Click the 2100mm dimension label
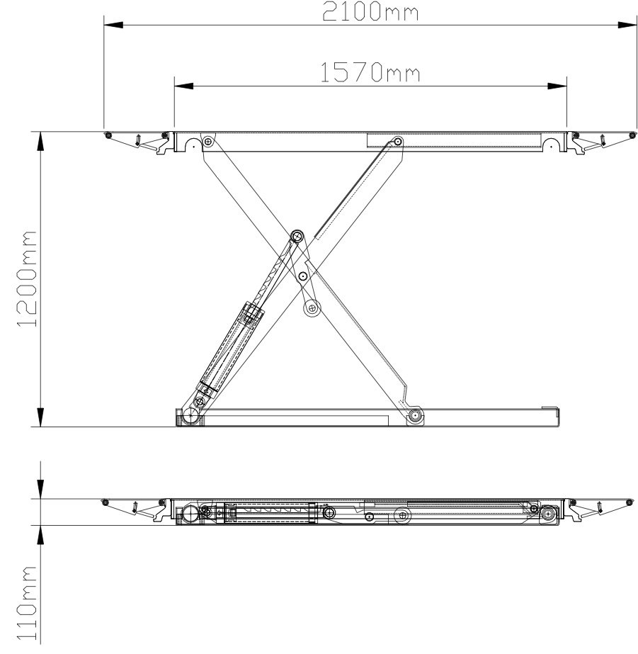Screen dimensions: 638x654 click(370, 11)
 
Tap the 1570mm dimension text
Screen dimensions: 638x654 click(370, 72)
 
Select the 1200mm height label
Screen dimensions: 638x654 click(27, 278)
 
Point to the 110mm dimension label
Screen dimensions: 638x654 click(27, 603)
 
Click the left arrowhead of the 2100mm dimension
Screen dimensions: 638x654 click(113, 25)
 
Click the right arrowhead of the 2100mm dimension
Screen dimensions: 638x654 click(627, 25)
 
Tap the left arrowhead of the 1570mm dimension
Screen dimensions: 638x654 click(184, 86)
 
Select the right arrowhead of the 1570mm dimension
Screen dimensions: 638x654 click(557, 86)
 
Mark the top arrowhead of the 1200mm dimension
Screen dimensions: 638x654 click(40, 142)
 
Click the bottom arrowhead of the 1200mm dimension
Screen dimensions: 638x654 click(40, 417)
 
